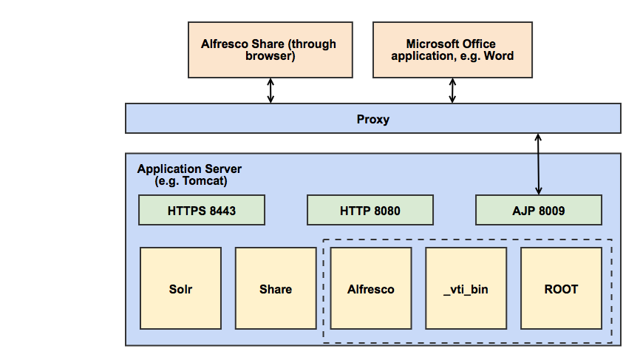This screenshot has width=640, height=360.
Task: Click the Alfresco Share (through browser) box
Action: point(268,50)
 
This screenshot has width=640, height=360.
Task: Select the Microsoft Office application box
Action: point(452,50)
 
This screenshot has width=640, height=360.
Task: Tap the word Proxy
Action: point(372,119)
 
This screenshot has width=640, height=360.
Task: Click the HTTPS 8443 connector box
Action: point(202,211)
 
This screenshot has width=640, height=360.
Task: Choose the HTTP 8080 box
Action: point(370,211)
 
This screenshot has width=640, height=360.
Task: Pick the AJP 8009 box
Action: point(538,211)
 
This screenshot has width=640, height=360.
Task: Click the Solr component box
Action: point(180,288)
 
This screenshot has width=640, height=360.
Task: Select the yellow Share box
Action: point(276,288)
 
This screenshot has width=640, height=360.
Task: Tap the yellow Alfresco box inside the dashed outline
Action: point(370,288)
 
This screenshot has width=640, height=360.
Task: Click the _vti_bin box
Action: point(466,288)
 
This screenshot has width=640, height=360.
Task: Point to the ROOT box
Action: point(561,288)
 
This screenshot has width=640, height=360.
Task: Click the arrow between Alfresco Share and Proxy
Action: point(270,90)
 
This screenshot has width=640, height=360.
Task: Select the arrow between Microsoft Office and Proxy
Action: point(452,90)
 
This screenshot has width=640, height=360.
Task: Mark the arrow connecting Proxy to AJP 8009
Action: point(539,164)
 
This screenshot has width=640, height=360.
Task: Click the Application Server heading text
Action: point(189,169)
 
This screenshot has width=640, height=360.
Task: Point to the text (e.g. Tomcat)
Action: point(191,181)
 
